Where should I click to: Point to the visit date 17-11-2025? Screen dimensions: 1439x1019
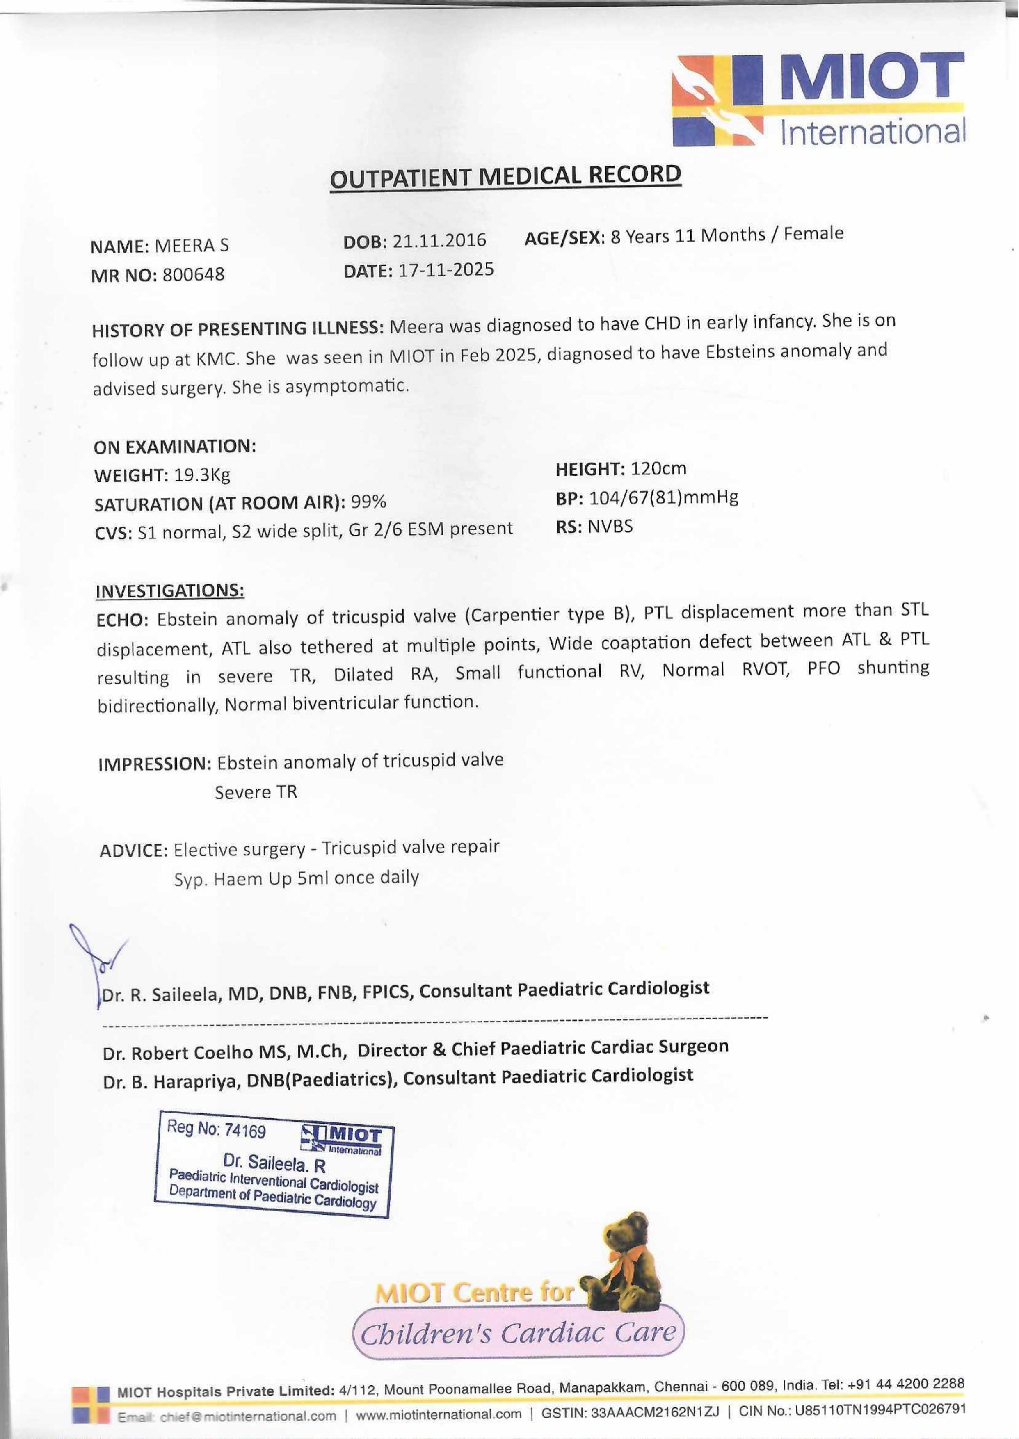[446, 270]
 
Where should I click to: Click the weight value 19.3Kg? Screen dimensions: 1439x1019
[202, 475]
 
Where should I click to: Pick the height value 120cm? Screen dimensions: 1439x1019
[658, 469]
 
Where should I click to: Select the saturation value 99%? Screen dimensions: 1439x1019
[368, 502]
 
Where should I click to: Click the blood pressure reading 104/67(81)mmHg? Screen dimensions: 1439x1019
[663, 497]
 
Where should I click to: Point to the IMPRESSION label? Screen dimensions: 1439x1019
[154, 764]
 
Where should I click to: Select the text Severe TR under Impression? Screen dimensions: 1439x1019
[256, 792]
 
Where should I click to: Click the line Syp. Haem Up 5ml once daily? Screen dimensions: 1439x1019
[296, 878]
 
